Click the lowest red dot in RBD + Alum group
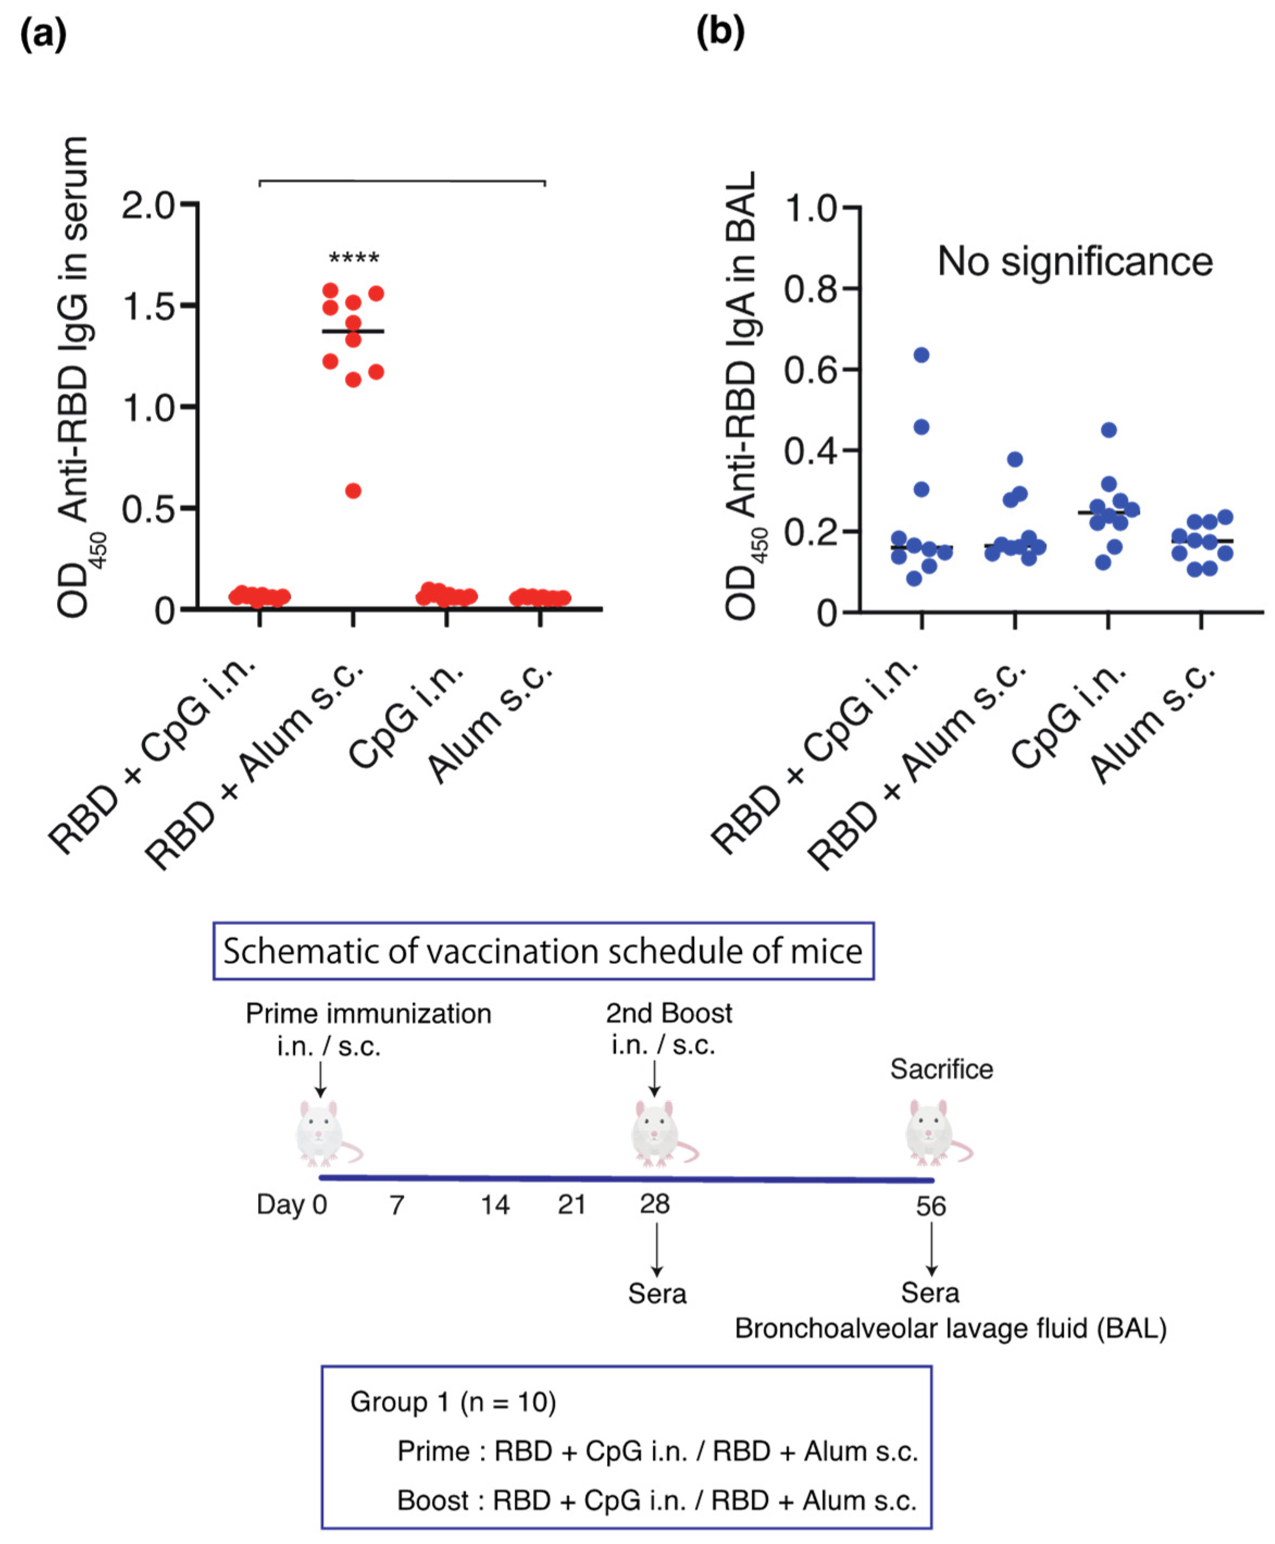point(353,491)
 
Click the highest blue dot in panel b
point(921,356)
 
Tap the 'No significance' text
point(1074,262)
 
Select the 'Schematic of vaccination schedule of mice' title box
point(543,951)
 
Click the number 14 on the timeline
point(495,1205)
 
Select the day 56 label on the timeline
point(930,1206)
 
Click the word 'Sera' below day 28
point(657,1293)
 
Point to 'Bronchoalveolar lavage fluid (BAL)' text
point(951,1329)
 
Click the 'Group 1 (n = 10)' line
point(453,1402)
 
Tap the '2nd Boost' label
point(668,1014)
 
